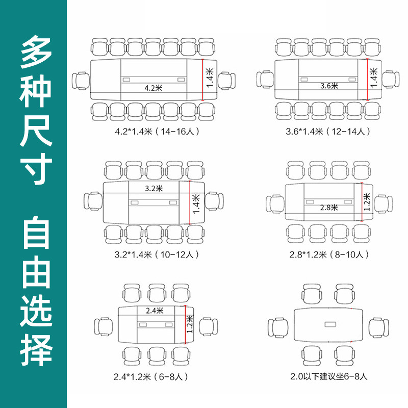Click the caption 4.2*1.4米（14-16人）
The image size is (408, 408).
pyautogui.click(x=156, y=132)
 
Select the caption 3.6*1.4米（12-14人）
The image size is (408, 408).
pyautogui.click(x=327, y=132)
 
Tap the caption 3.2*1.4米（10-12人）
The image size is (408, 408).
pyautogui.click(x=156, y=254)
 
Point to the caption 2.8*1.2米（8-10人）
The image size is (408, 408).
pyautogui.click(x=327, y=254)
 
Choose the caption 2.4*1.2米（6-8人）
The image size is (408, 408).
pyautogui.click(x=152, y=377)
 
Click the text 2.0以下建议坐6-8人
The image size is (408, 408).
pyautogui.click(x=327, y=377)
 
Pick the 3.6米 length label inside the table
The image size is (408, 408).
pyautogui.click(x=329, y=86)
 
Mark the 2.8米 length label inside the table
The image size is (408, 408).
pyautogui.click(x=329, y=208)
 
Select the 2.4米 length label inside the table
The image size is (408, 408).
pyautogui.click(x=154, y=310)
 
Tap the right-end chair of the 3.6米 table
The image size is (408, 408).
pyautogui.click(x=390, y=80)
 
